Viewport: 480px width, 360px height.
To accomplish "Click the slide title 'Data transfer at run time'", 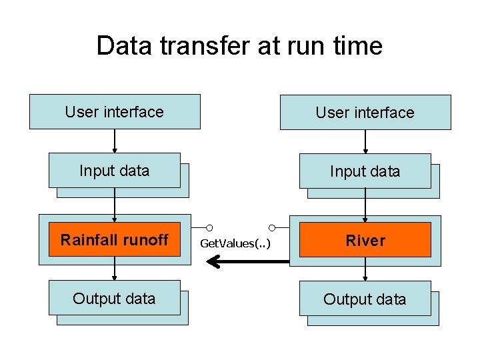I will point(239,46).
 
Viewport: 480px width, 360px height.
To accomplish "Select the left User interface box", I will point(115,111).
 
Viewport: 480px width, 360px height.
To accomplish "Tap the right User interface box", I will point(365,113).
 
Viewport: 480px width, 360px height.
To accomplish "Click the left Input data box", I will point(115,170).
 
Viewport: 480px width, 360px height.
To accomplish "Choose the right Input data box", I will point(365,171).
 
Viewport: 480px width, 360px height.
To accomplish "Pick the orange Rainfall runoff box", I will point(115,239).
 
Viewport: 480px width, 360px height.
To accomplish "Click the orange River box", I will point(365,241).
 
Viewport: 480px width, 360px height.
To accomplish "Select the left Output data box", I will point(115,298).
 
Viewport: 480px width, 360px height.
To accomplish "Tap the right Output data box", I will point(365,299).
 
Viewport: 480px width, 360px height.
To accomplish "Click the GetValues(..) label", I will point(235,243).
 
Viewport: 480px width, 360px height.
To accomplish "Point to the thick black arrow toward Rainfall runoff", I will point(247,261).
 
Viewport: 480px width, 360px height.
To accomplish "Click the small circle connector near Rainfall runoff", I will point(209,227).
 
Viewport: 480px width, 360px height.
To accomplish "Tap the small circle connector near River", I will point(273,227).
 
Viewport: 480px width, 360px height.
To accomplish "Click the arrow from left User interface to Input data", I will point(115,141).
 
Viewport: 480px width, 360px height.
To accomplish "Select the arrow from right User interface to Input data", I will point(365,142).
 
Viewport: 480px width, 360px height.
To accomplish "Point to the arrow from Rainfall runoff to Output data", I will point(115,268).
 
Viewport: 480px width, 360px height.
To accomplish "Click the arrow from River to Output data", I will point(365,269).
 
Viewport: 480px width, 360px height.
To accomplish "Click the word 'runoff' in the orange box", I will point(146,239).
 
